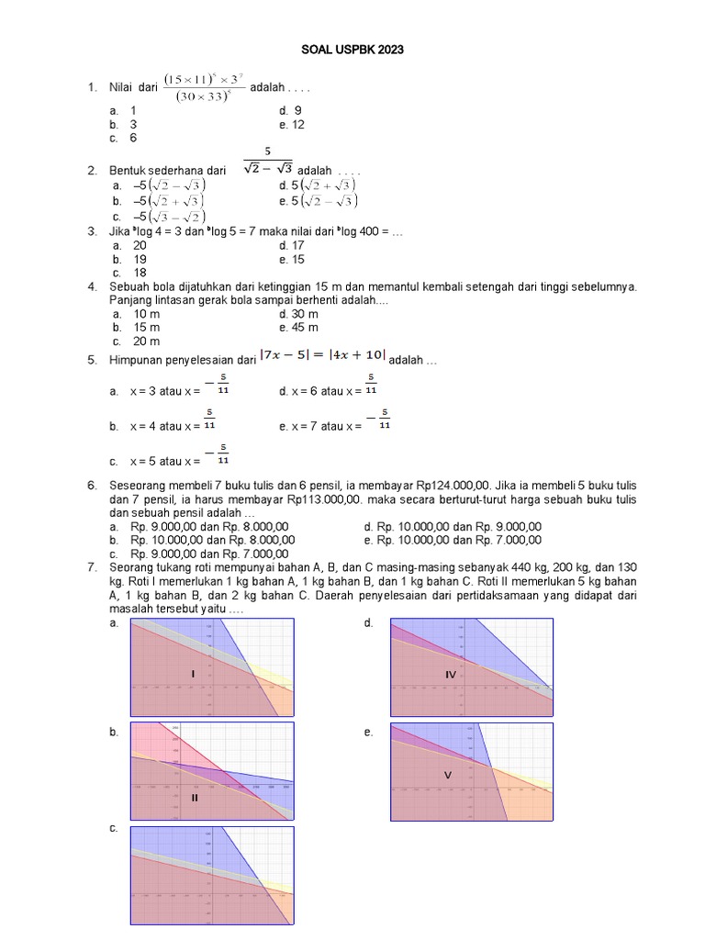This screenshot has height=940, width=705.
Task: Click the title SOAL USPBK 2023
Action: click(352, 50)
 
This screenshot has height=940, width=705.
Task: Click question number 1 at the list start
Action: click(92, 88)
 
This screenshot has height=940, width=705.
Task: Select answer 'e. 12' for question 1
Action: click(292, 124)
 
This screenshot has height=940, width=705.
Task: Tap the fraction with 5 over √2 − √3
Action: click(267, 162)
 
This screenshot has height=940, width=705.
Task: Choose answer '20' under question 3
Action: click(140, 245)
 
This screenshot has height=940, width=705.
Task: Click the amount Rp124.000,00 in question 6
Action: click(478, 485)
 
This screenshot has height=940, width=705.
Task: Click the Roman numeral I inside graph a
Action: click(193, 675)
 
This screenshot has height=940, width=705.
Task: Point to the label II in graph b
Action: click(195, 798)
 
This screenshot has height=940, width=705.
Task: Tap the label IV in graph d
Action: click(451, 675)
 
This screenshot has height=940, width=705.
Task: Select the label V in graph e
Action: click(448, 775)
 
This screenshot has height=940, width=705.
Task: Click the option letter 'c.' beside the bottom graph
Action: click(114, 828)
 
